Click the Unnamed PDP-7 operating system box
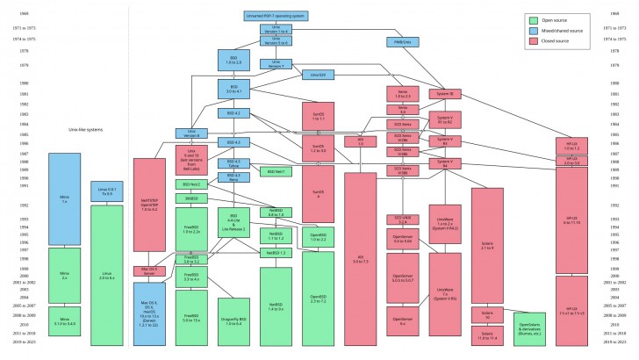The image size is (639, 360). pyautogui.click(x=276, y=16)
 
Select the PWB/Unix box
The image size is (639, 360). pyautogui.click(x=398, y=42)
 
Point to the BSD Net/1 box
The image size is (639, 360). pyautogui.click(x=276, y=171)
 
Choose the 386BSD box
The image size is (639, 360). pyautogui.click(x=191, y=198)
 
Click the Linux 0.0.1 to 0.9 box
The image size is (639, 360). pyautogui.click(x=107, y=191)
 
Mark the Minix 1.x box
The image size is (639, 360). pyautogui.click(x=65, y=199)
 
